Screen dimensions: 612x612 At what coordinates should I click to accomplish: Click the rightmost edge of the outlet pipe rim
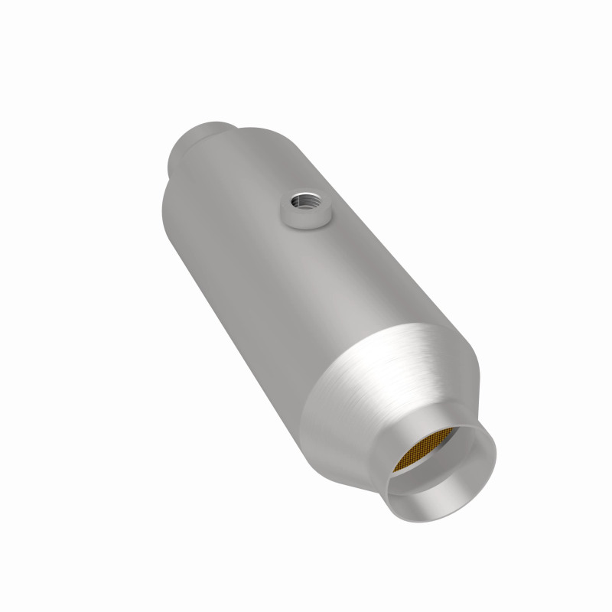[x=496, y=451]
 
